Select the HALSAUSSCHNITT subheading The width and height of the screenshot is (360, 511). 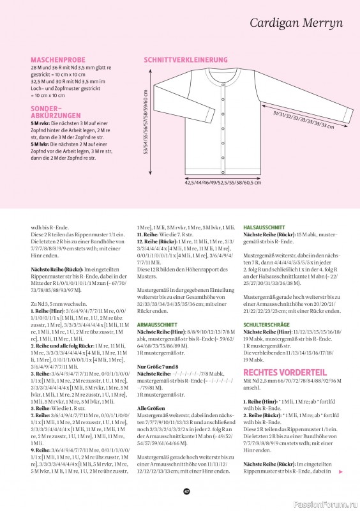pyautogui.click(x=264, y=227)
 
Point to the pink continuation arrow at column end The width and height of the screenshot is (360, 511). pyautogui.click(x=341, y=472)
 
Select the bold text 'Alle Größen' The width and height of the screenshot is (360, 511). pyautogui.click(x=151, y=408)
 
